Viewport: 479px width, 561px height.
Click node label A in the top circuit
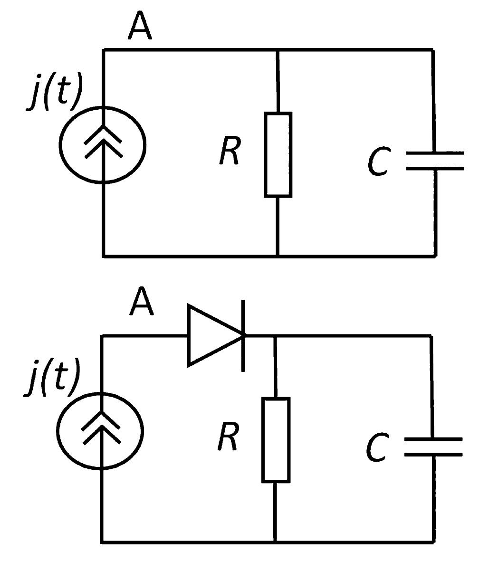point(140,26)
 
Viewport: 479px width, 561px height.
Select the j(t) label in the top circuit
point(54,92)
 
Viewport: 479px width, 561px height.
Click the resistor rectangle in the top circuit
point(278,154)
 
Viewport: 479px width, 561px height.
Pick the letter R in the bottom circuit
point(228,437)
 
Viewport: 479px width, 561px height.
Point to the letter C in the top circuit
point(380,162)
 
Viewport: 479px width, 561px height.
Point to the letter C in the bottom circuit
point(378,447)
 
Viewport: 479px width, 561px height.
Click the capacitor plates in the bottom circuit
point(432,447)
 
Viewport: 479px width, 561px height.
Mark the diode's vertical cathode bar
point(243,335)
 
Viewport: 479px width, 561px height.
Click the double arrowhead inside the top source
point(103,141)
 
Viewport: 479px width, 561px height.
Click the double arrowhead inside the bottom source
point(101,428)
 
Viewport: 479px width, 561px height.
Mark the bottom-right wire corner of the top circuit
point(435,256)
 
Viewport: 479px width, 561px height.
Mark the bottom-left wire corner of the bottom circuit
point(102,542)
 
